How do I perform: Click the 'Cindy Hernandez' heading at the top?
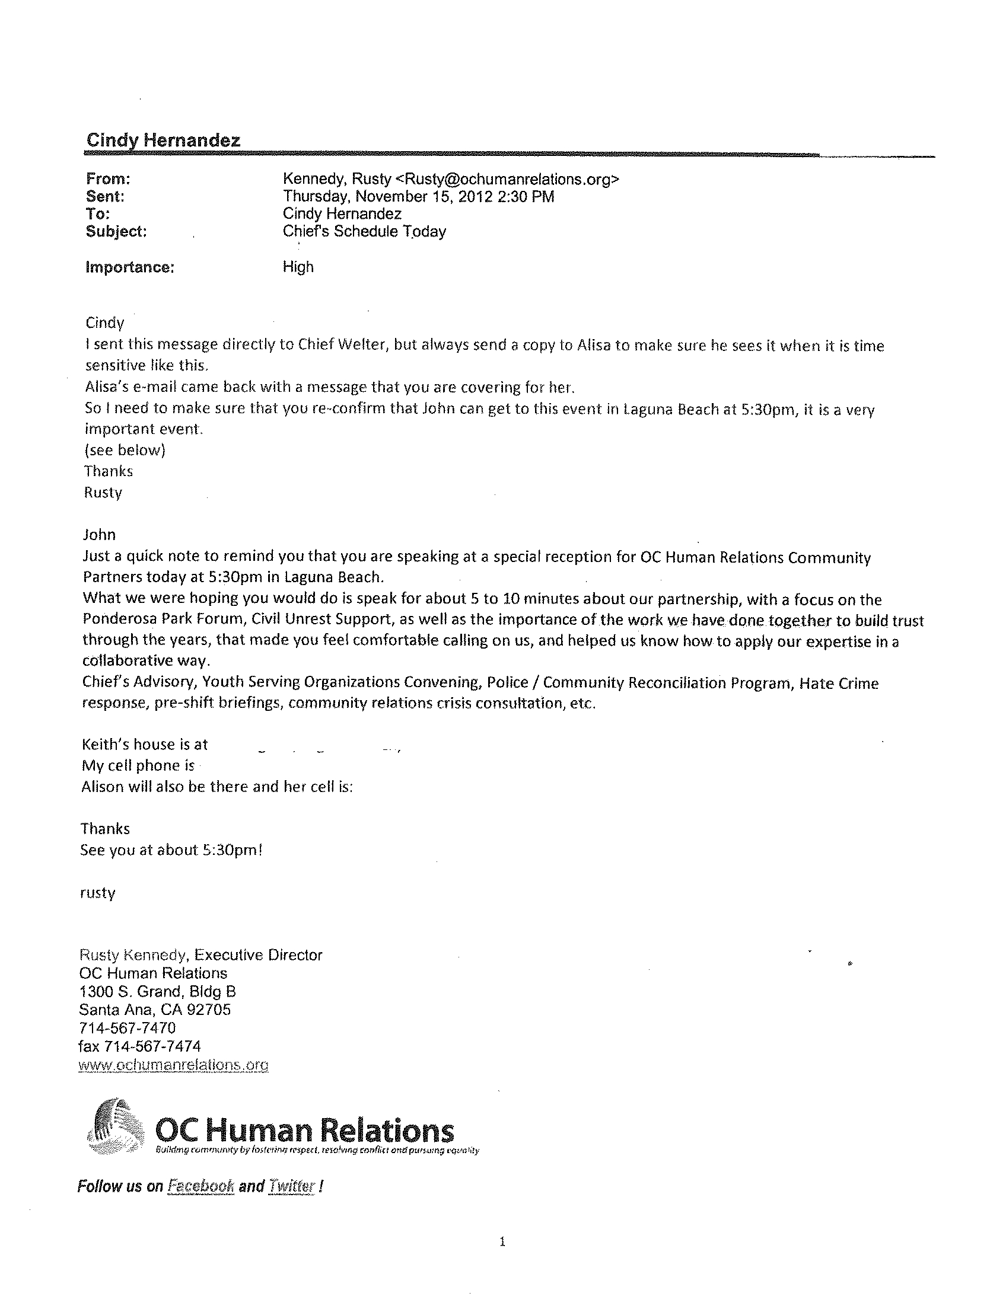point(163,140)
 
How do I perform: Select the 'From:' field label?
point(108,179)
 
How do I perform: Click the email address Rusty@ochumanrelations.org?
point(507,179)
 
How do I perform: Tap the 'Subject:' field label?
point(116,232)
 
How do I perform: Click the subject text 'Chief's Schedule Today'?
point(364,232)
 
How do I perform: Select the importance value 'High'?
point(298,267)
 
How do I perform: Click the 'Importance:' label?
point(130,267)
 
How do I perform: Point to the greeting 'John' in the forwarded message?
point(99,535)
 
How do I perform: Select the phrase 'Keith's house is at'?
point(144,745)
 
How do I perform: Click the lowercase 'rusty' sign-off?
point(98,893)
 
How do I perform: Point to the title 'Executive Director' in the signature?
point(258,955)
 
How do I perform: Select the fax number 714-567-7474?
point(152,1046)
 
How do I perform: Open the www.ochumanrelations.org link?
point(174,1065)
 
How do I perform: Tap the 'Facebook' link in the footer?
point(200,1186)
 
